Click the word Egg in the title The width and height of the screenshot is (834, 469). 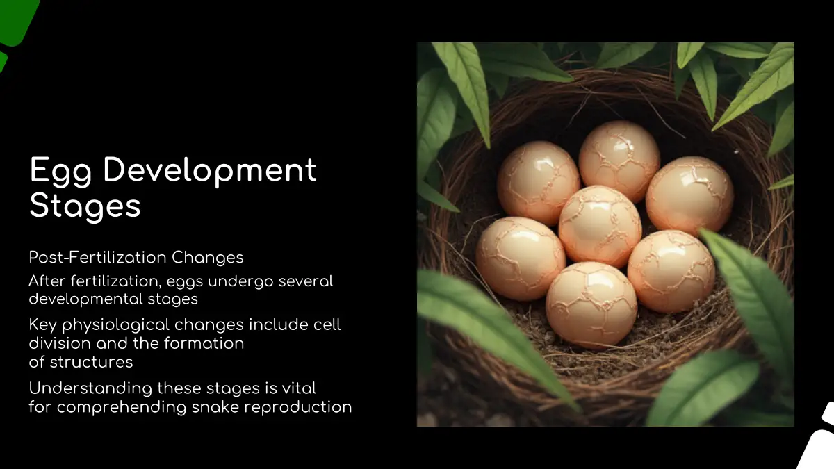point(60,171)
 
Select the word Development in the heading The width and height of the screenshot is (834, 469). point(210,170)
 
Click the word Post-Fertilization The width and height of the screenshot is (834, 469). point(97,257)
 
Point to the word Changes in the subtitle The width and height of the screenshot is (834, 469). point(207,258)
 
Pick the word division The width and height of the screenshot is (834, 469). point(60,343)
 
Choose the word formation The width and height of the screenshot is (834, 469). point(204,343)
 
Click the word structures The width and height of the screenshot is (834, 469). point(91,362)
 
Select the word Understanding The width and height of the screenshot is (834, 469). point(90,389)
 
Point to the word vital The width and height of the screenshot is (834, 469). point(299,388)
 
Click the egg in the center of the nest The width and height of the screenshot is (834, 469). point(599,227)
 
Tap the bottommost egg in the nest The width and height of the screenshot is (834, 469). point(591,304)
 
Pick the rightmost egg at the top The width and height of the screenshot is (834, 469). point(689,195)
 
